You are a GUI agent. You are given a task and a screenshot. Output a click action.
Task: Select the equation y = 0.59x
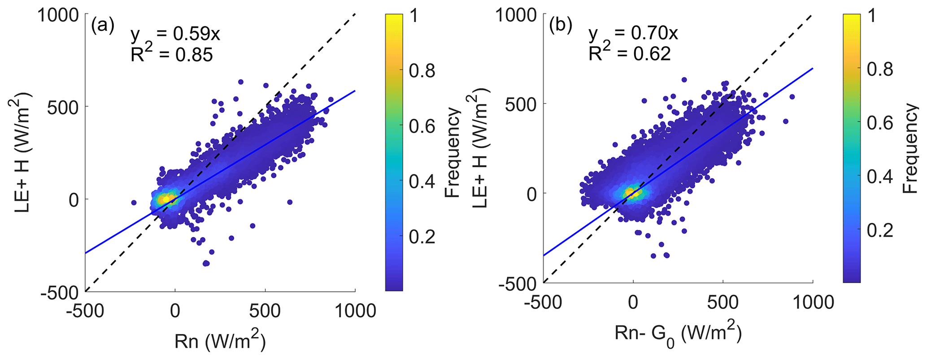coord(175,35)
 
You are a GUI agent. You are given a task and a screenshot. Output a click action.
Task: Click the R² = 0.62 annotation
coord(630,53)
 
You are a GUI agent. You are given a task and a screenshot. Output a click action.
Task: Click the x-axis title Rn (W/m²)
coord(220,342)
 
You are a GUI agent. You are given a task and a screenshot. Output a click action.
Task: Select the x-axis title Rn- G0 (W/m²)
coord(678,334)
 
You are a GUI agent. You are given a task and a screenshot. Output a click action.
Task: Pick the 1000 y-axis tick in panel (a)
coord(58,15)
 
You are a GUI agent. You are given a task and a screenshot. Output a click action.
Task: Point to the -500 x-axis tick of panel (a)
coord(85,310)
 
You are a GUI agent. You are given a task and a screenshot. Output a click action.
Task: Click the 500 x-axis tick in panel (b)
coord(723,302)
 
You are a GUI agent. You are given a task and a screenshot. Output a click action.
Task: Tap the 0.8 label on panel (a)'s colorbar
coord(422,70)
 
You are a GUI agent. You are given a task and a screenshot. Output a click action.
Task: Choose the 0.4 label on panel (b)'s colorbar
coord(879,177)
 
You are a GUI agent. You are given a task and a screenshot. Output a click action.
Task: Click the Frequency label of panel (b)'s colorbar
coord(910,148)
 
